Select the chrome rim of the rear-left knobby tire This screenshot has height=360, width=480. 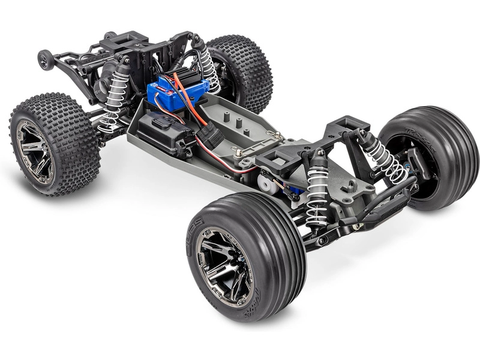click(x=34, y=150)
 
